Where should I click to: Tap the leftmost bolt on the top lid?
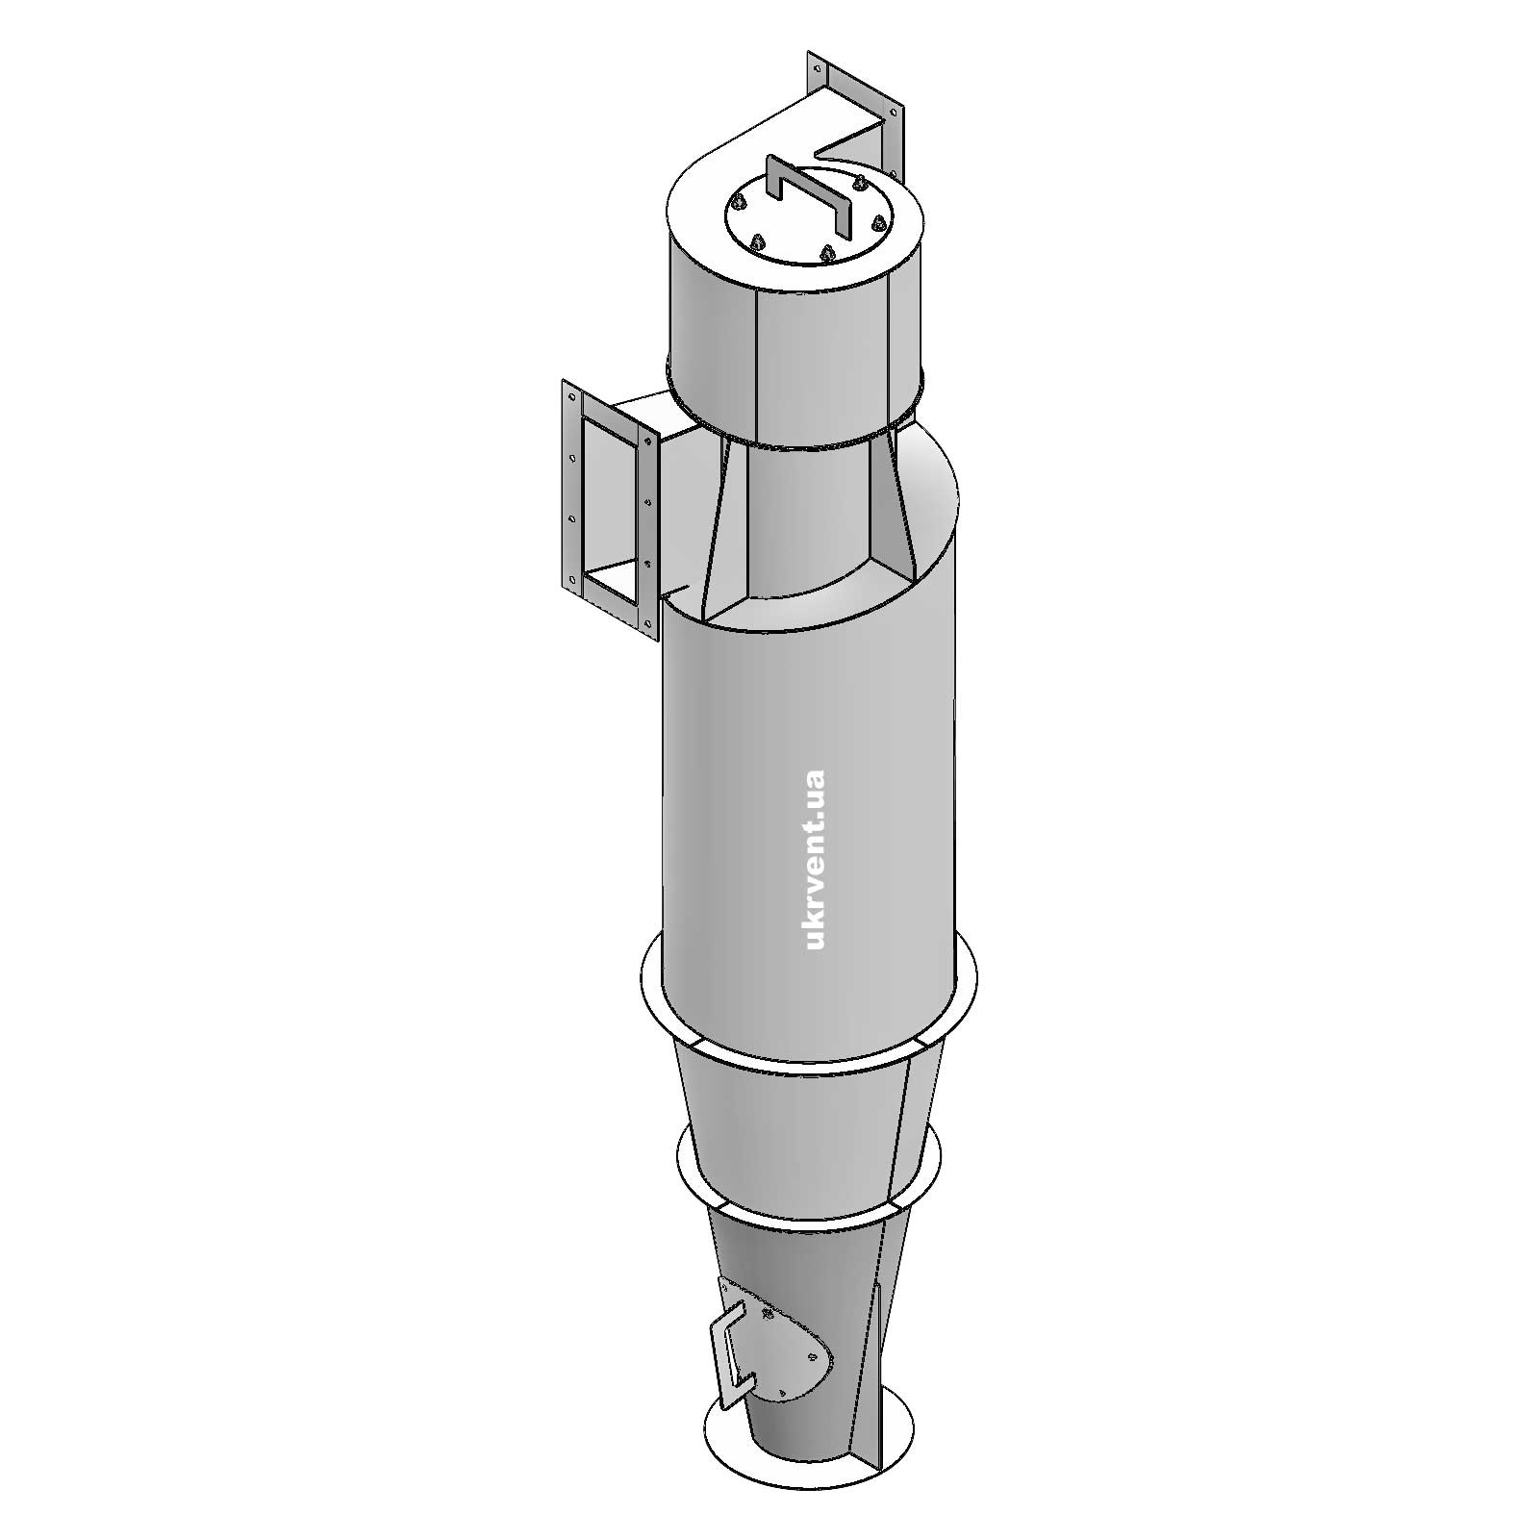tap(738, 202)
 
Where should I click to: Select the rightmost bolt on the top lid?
tap(877, 222)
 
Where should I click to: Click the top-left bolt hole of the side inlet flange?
tap(570, 396)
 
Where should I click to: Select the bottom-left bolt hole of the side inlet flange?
tap(574, 579)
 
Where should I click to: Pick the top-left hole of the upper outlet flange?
tap(817, 69)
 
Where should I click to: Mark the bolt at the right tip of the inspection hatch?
tap(815, 1356)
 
